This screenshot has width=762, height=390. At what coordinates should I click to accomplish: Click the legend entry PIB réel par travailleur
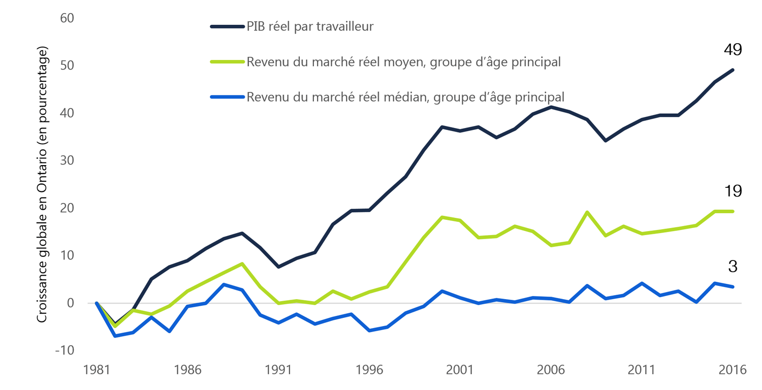(310, 26)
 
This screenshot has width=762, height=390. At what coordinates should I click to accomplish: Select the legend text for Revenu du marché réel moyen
(404, 62)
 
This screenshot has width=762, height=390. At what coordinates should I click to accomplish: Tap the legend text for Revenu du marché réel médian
(405, 96)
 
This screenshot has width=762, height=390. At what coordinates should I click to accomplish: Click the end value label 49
(733, 49)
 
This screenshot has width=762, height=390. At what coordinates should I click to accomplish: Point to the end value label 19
(733, 191)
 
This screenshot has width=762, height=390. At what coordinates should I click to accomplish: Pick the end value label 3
(733, 266)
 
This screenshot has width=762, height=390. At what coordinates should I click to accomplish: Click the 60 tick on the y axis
(67, 18)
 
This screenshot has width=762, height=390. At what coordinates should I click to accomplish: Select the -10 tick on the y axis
(64, 350)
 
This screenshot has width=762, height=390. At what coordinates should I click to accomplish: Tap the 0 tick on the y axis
(71, 303)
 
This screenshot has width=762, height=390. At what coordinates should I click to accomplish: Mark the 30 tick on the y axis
(67, 160)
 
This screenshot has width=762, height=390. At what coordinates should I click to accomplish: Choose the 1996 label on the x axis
(369, 370)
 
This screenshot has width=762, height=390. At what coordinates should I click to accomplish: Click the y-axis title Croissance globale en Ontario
(42, 185)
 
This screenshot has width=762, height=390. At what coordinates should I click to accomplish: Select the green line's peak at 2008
(588, 212)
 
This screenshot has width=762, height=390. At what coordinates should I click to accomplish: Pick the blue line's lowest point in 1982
(115, 336)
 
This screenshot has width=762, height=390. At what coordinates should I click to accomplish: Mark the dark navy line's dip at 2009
(606, 140)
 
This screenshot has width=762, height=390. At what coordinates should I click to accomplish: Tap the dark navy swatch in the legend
(227, 26)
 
